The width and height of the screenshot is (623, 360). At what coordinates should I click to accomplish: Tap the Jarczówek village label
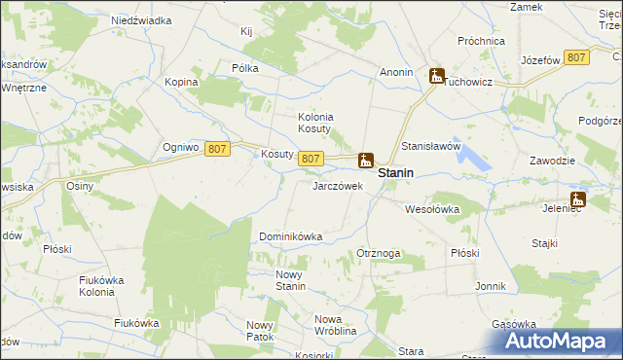[337, 185]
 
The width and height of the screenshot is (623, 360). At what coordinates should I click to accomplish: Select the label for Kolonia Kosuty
[315, 123]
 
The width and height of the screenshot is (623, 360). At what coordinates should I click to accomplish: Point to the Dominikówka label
[290, 236]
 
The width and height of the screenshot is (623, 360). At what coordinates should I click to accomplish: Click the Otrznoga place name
[379, 253]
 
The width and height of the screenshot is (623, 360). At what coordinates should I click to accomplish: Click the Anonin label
[396, 72]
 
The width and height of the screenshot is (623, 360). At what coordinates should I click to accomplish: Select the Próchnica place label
[481, 42]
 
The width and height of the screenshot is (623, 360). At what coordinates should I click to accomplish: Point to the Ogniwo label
[181, 148]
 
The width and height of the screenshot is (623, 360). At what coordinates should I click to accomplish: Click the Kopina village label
[181, 82]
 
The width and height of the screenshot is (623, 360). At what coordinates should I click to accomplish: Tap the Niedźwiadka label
[141, 19]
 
